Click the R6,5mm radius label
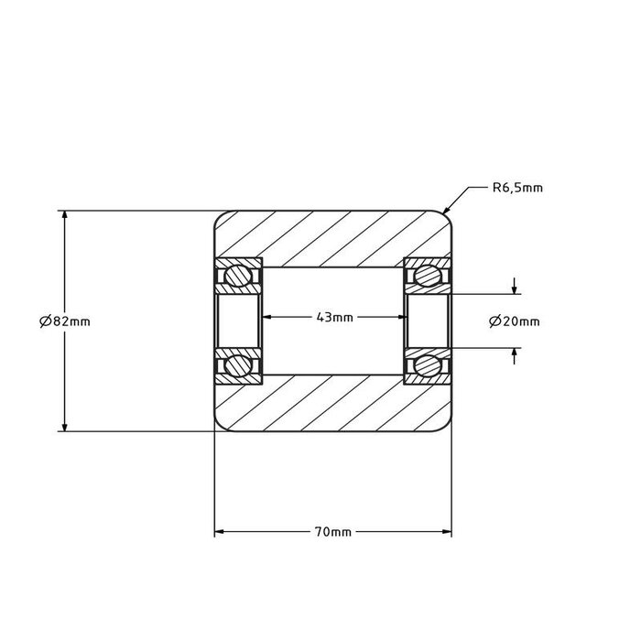517,189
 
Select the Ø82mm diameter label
65,320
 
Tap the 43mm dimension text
334,318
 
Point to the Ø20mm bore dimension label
515,320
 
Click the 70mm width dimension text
333,531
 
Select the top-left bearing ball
240,275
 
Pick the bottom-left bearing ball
240,364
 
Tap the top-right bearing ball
428,275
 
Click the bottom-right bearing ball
428,364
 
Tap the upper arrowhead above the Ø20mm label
516,289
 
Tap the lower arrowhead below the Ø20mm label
516,352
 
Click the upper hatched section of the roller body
334,238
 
